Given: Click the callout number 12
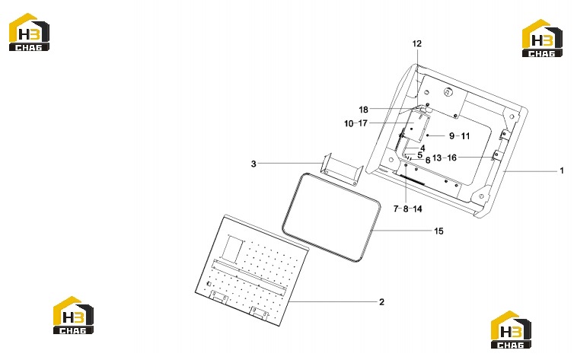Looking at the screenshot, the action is pyautogui.click(x=416, y=44).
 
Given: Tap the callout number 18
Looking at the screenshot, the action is pyautogui.click(x=363, y=110).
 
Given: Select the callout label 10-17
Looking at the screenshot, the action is pyautogui.click(x=356, y=123).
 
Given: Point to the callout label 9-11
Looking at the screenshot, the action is pyautogui.click(x=459, y=136).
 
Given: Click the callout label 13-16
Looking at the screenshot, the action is pyautogui.click(x=445, y=158).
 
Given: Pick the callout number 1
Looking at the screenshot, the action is pyautogui.click(x=562, y=170).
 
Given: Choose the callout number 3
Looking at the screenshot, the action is pyautogui.click(x=254, y=164).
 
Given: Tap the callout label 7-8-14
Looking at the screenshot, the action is pyautogui.click(x=407, y=209).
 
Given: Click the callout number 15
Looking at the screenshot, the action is pyautogui.click(x=438, y=231).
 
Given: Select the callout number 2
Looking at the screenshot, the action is pyautogui.click(x=382, y=302).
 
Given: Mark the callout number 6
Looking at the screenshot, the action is pyautogui.click(x=428, y=161).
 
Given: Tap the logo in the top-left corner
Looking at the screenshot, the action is pyautogui.click(x=29, y=32).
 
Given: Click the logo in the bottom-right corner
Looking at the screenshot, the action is pyautogui.click(x=511, y=330).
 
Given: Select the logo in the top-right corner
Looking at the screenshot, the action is pyautogui.click(x=542, y=38).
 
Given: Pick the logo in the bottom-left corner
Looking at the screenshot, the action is pyautogui.click(x=73, y=315).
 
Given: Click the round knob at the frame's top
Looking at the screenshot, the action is pyautogui.click(x=448, y=92).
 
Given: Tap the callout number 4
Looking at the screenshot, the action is pyautogui.click(x=423, y=148).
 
